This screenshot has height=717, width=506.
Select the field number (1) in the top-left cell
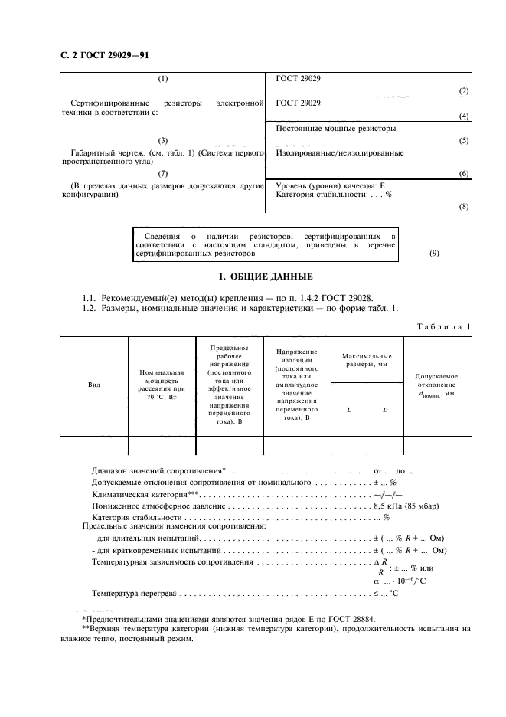pyautogui.click(x=163, y=79)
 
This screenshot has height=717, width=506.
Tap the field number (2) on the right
pyautogui.click(x=464, y=91)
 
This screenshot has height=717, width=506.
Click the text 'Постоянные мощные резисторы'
pyautogui.click(x=335, y=129)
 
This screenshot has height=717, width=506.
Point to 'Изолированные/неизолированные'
pyautogui.click(x=338, y=153)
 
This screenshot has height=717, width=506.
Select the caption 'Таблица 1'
pyautogui.click(x=445, y=326)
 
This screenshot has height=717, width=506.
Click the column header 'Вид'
pyautogui.click(x=94, y=385)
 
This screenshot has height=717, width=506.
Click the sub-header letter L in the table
pyautogui.click(x=348, y=410)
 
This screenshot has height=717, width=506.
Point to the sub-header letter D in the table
pyautogui.click(x=384, y=410)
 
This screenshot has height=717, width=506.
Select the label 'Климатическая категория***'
pyautogui.click(x=145, y=495)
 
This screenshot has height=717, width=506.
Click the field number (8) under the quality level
pyautogui.click(x=464, y=207)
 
